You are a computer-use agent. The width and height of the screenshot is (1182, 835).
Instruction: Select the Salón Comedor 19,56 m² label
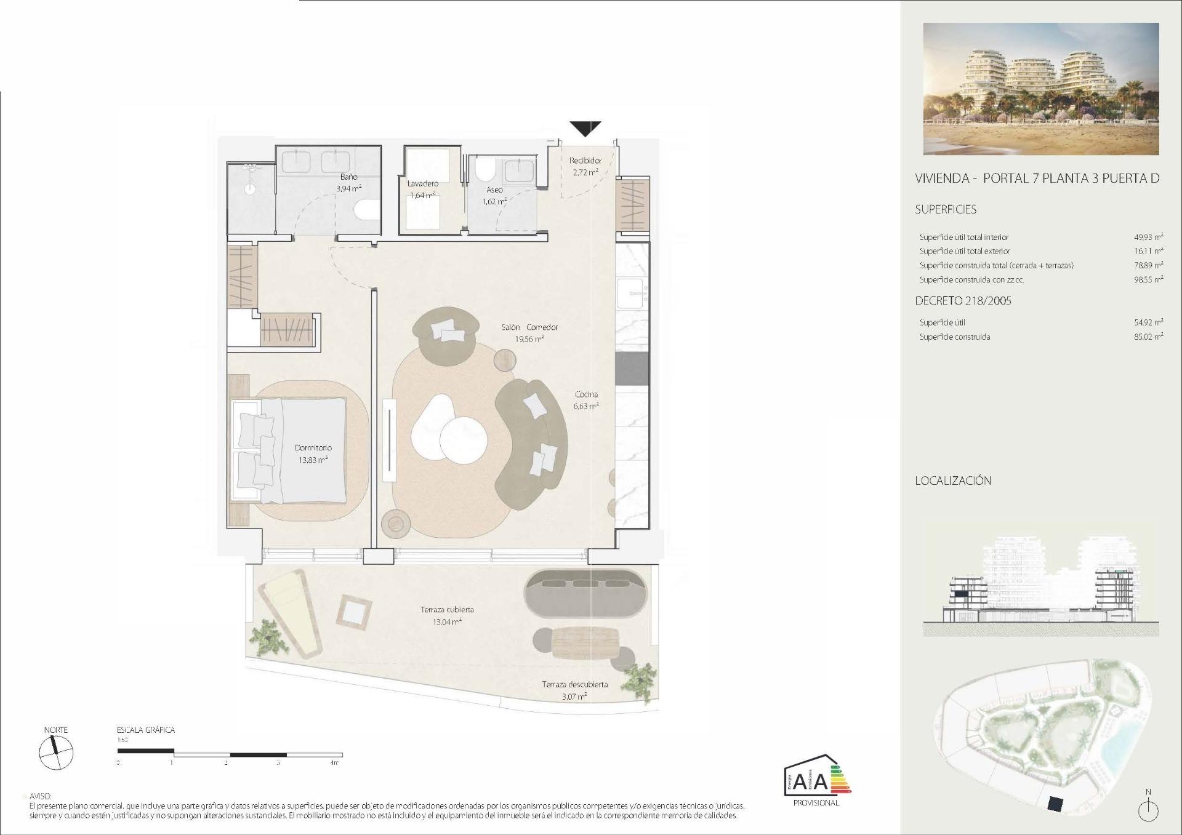[x=529, y=333]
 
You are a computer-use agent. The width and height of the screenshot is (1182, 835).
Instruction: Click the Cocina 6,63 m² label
[x=586, y=400]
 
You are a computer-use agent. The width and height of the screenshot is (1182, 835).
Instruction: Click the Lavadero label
[x=423, y=183]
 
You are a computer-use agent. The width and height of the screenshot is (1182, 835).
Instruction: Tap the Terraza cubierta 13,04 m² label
[x=447, y=615]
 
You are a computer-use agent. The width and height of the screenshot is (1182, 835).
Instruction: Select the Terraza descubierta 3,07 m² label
[x=574, y=690]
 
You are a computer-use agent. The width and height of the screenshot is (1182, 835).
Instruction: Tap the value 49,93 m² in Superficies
[x=1148, y=237]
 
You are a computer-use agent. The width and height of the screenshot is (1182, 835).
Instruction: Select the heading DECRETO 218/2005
[x=963, y=301]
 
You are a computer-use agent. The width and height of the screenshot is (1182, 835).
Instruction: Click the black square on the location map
[x=1055, y=803]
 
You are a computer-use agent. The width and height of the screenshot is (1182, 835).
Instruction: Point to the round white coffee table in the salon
[x=464, y=440]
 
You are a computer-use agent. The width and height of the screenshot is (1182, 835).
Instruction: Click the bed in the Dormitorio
[x=289, y=449]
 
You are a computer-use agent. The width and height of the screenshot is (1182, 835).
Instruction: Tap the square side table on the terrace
[x=354, y=611]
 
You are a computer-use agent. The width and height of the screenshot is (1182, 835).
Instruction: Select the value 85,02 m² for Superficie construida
[x=1148, y=337]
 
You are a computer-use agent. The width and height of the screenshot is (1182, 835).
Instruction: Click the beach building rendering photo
[x=1040, y=89]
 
